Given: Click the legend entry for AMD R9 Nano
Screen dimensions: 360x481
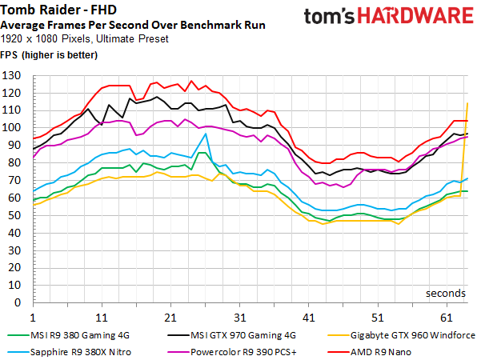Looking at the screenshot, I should tap(387, 350).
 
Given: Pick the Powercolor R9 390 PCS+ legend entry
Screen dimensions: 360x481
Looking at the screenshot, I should tap(236, 350).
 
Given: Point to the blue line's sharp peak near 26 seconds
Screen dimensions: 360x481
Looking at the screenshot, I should tap(206, 134).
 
